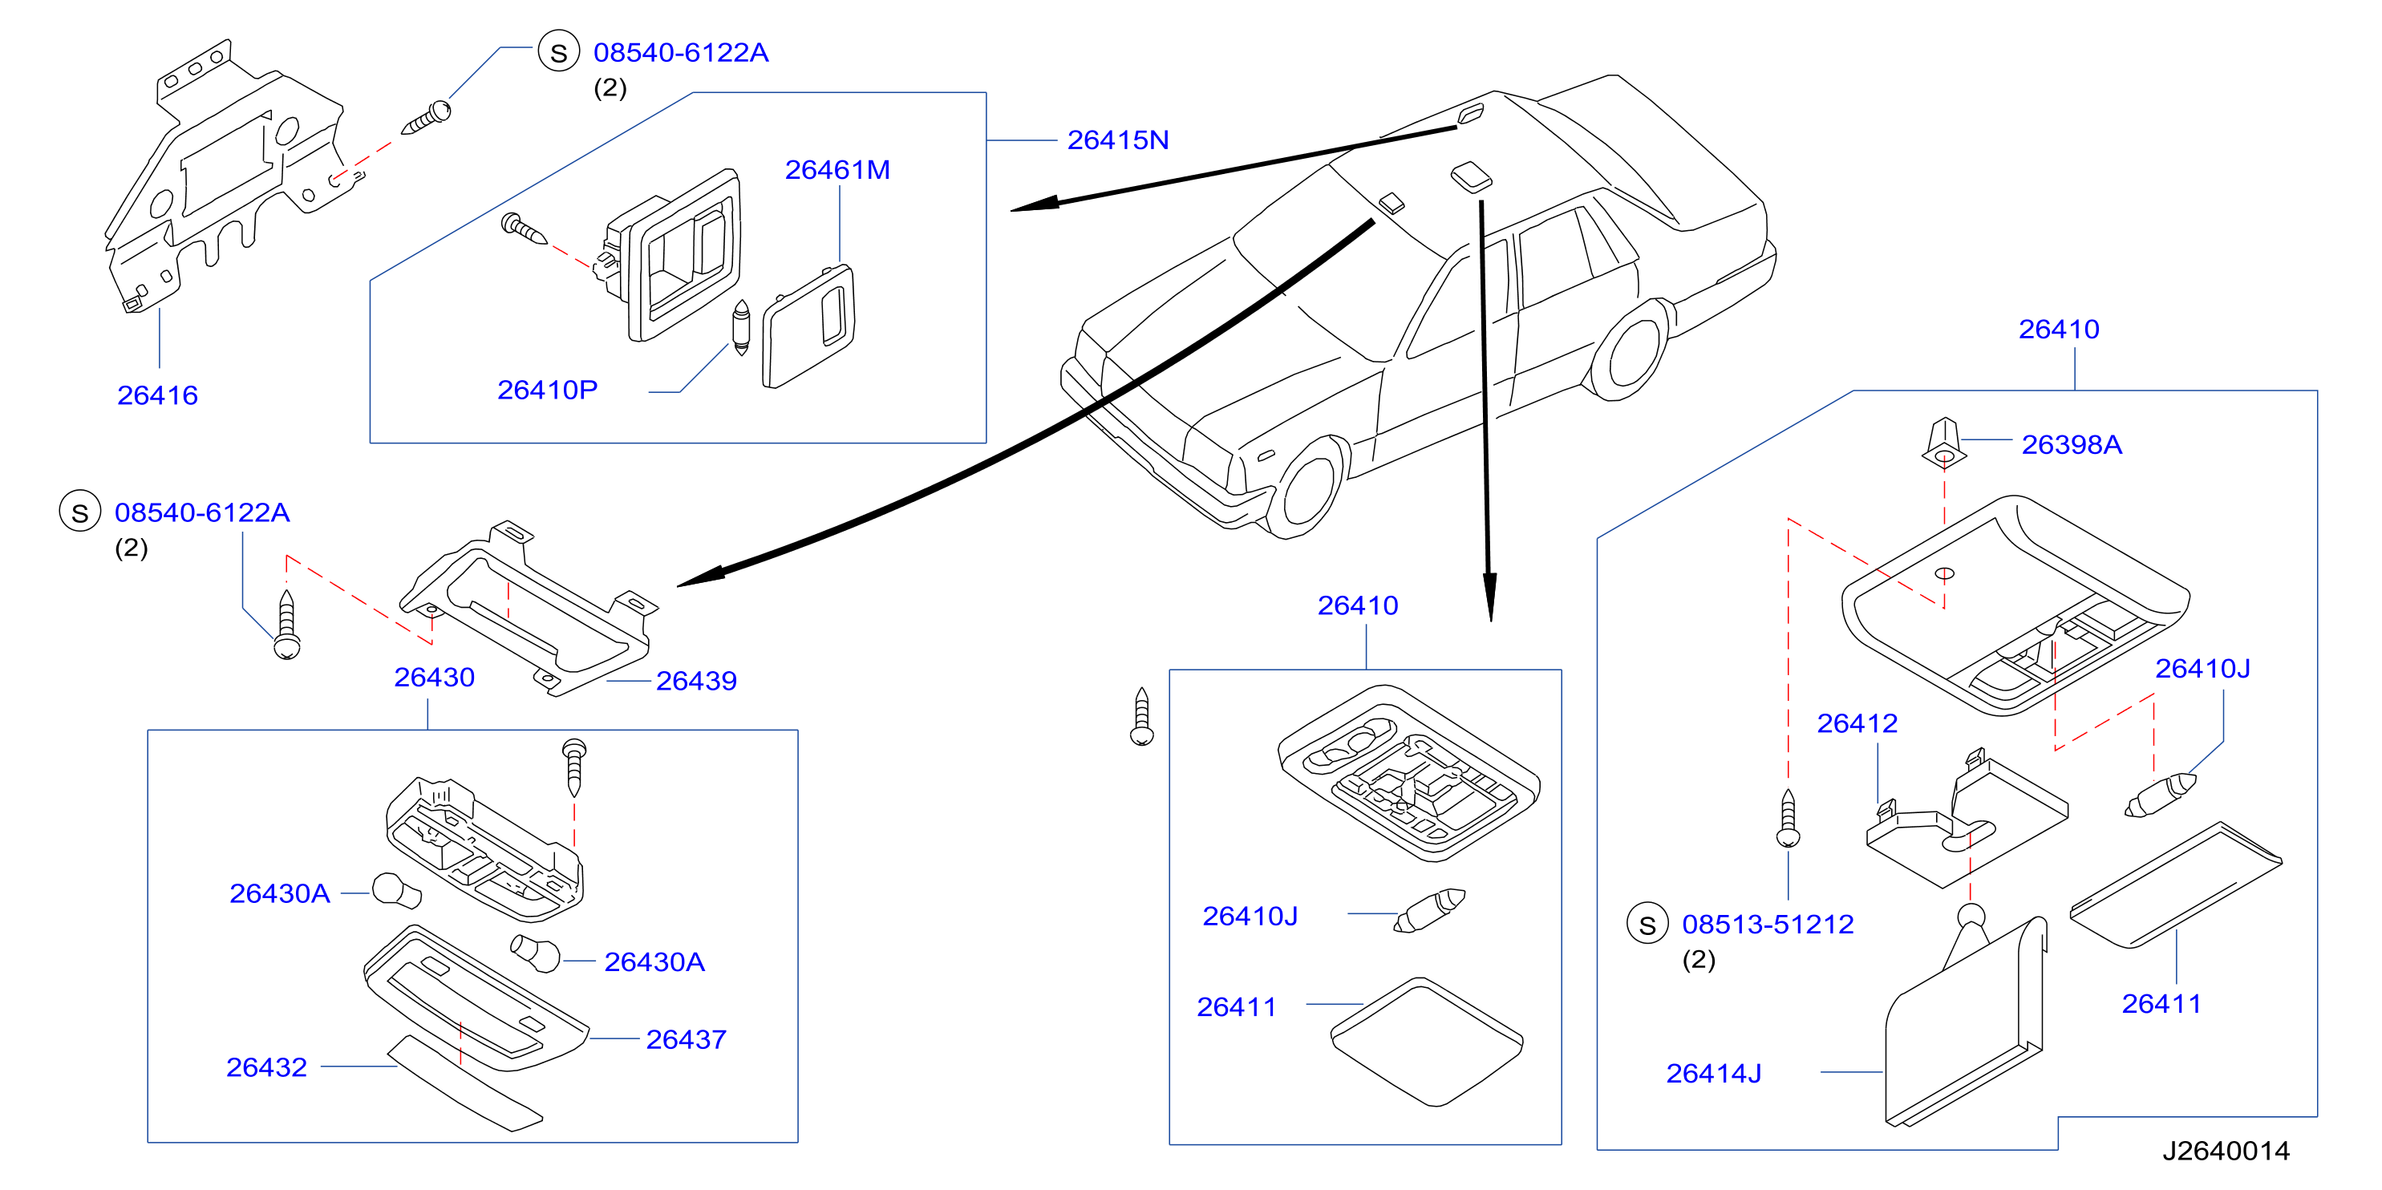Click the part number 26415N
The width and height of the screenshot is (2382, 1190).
point(1117,140)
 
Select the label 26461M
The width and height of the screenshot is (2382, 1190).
point(837,170)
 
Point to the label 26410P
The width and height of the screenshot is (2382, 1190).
point(548,391)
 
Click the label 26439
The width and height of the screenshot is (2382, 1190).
point(696,681)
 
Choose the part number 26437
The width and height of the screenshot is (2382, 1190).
point(686,1039)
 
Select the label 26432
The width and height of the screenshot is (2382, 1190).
point(266,1067)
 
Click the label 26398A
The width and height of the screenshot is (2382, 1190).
point(2072,445)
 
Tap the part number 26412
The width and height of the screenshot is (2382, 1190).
point(1857,723)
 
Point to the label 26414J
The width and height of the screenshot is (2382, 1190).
point(1713,1074)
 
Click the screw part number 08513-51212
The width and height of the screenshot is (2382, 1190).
point(1767,924)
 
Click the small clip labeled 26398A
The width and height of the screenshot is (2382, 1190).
point(1944,443)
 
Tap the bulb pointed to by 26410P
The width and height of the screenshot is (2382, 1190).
point(741,327)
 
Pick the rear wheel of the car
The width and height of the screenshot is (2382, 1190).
point(1632,349)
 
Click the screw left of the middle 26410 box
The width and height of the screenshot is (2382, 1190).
point(1142,717)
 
